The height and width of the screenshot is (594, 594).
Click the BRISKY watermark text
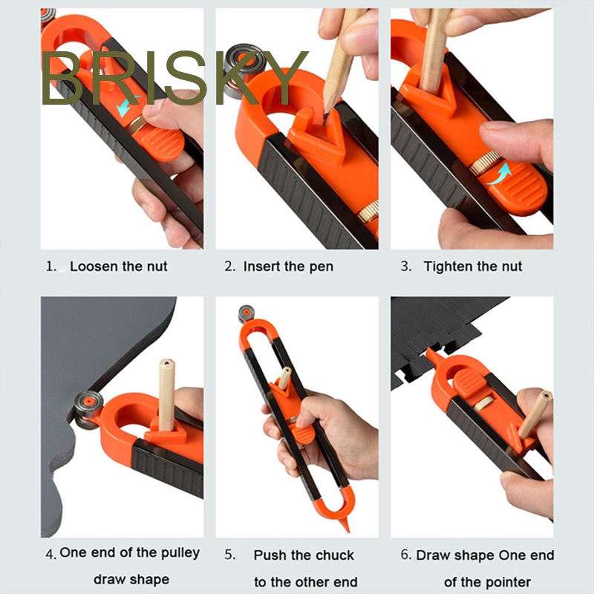(x=174, y=79)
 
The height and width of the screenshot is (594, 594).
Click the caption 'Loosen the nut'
(x=118, y=267)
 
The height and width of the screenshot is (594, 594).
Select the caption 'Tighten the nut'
(x=473, y=267)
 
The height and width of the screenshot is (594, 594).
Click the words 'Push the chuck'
(x=304, y=555)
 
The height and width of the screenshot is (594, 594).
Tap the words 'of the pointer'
(x=487, y=582)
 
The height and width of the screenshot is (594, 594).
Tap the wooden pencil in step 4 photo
(x=167, y=394)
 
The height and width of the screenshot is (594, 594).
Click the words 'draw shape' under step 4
(x=131, y=579)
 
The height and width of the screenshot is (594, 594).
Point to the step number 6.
(x=405, y=555)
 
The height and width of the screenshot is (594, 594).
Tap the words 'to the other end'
(x=305, y=582)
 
